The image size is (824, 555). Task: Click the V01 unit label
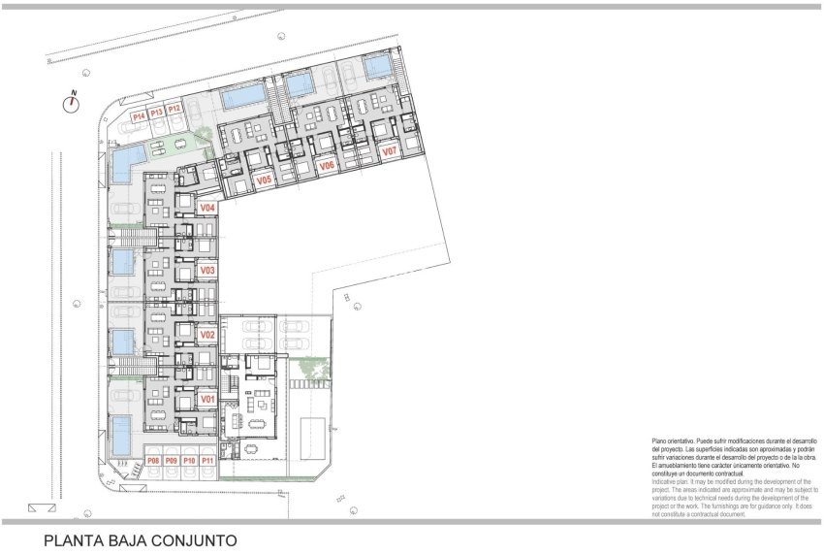tap(206, 399)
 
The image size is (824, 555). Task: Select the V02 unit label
tap(206, 335)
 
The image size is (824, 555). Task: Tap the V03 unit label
tap(206, 271)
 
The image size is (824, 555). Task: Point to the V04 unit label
tap(206, 208)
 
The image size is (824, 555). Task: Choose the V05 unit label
tap(264, 180)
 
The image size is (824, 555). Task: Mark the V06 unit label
tap(327, 166)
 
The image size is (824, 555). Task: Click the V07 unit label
tap(389, 152)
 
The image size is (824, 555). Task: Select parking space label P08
tap(152, 460)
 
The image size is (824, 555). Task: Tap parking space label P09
tap(171, 460)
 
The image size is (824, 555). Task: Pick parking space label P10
tap(189, 460)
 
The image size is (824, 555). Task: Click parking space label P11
tap(207, 460)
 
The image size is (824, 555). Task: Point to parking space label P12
tap(174, 110)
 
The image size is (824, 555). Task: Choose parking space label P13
tap(156, 113)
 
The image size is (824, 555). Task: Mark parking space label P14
tap(139, 116)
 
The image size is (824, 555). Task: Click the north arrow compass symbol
tap(72, 103)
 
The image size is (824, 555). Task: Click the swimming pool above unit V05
tap(240, 97)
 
